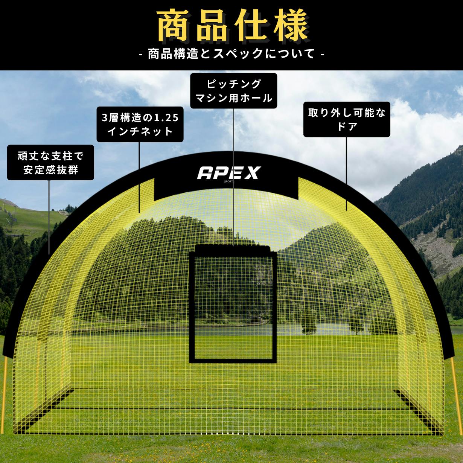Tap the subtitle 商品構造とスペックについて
pos(231,54)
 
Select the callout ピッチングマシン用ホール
pos(233,91)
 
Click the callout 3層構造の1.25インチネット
pos(140,124)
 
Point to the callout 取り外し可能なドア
pos(347,119)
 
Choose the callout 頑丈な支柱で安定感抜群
pos(50,162)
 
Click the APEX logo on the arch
pos(228,173)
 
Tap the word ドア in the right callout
pos(347,126)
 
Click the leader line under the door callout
pos(346,174)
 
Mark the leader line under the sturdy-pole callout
pos(49,217)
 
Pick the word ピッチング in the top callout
pos(233,84)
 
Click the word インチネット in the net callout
pos(140,131)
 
